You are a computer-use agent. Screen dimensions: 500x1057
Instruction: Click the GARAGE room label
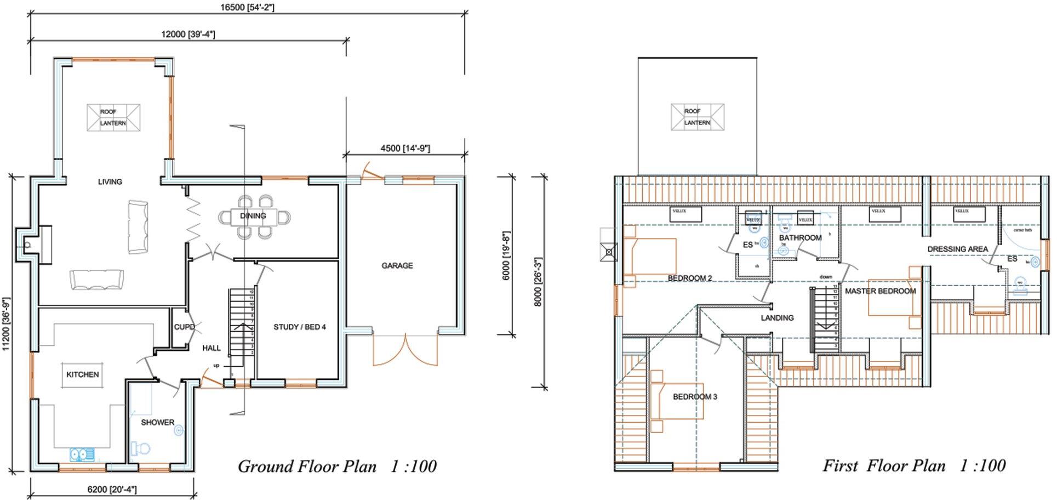pyautogui.click(x=397, y=266)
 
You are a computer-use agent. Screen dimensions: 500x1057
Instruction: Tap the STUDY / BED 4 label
pyautogui.click(x=300, y=327)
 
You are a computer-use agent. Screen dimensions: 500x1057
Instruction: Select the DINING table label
pyautogui.click(x=253, y=216)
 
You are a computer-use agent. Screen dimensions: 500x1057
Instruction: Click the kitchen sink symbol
pyautogui.click(x=82, y=454)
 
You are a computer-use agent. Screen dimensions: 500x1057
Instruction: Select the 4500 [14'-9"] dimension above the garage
pyautogui.click(x=405, y=149)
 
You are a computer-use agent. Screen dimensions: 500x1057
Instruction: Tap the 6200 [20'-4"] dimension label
pyautogui.click(x=112, y=490)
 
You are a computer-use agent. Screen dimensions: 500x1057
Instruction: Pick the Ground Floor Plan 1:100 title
pyautogui.click(x=337, y=467)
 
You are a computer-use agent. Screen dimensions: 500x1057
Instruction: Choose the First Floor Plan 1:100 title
pyautogui.click(x=913, y=466)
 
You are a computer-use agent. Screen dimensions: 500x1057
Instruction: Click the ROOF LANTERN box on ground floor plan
pyautogui.click(x=113, y=118)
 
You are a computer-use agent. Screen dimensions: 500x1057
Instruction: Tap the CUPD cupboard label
pyautogui.click(x=184, y=327)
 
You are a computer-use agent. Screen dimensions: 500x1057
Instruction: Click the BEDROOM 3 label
pyautogui.click(x=695, y=397)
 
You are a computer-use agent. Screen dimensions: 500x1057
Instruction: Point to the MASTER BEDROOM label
pyautogui.click(x=880, y=291)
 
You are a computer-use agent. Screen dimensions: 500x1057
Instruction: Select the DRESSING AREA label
pyautogui.click(x=957, y=249)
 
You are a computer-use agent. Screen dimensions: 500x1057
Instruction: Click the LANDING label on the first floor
pyautogui.click(x=777, y=318)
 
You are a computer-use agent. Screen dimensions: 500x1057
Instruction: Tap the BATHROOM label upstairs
pyautogui.click(x=800, y=238)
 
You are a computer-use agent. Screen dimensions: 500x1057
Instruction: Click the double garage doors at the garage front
pyautogui.click(x=405, y=351)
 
